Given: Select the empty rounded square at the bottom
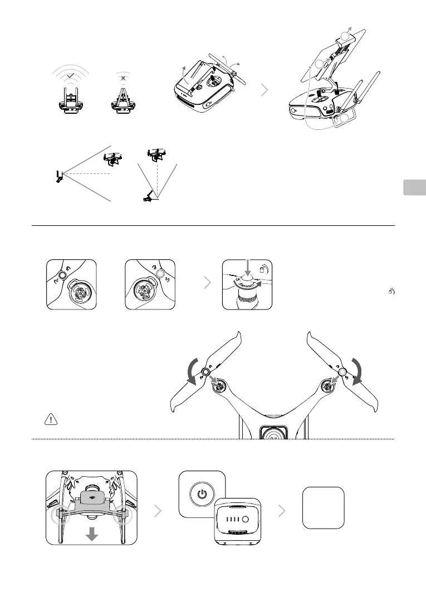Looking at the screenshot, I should coord(323,507).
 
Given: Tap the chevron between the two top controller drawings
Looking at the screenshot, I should coord(267,91).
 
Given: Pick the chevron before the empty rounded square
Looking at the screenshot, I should coord(282,511).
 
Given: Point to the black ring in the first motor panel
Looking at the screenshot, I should coord(62,275).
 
